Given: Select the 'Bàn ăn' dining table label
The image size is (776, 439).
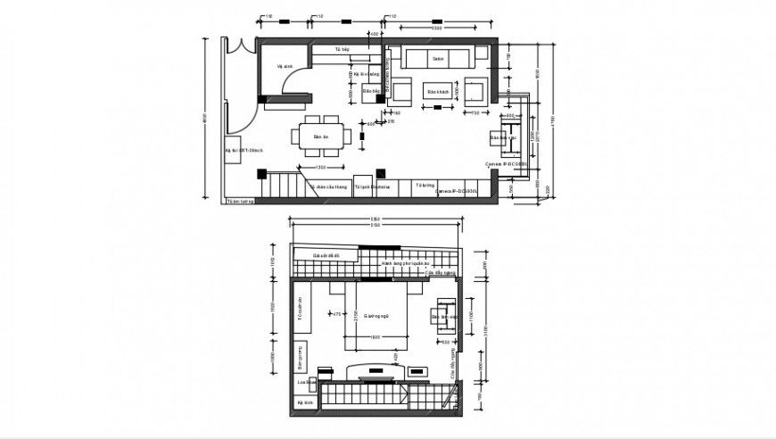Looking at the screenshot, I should point(321,137).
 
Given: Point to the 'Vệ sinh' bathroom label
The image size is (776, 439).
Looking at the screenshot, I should point(285,65).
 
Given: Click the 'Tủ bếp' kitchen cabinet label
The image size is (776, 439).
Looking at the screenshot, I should point(341,50).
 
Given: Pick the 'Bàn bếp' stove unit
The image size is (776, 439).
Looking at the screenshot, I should point(372,91).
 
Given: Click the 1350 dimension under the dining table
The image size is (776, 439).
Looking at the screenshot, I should point(320,167).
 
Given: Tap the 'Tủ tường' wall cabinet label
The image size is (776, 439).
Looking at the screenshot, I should point(423,185).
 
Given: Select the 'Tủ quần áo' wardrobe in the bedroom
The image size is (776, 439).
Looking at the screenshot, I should point(301,308).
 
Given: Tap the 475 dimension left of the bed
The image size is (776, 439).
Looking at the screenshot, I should point(337,313).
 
